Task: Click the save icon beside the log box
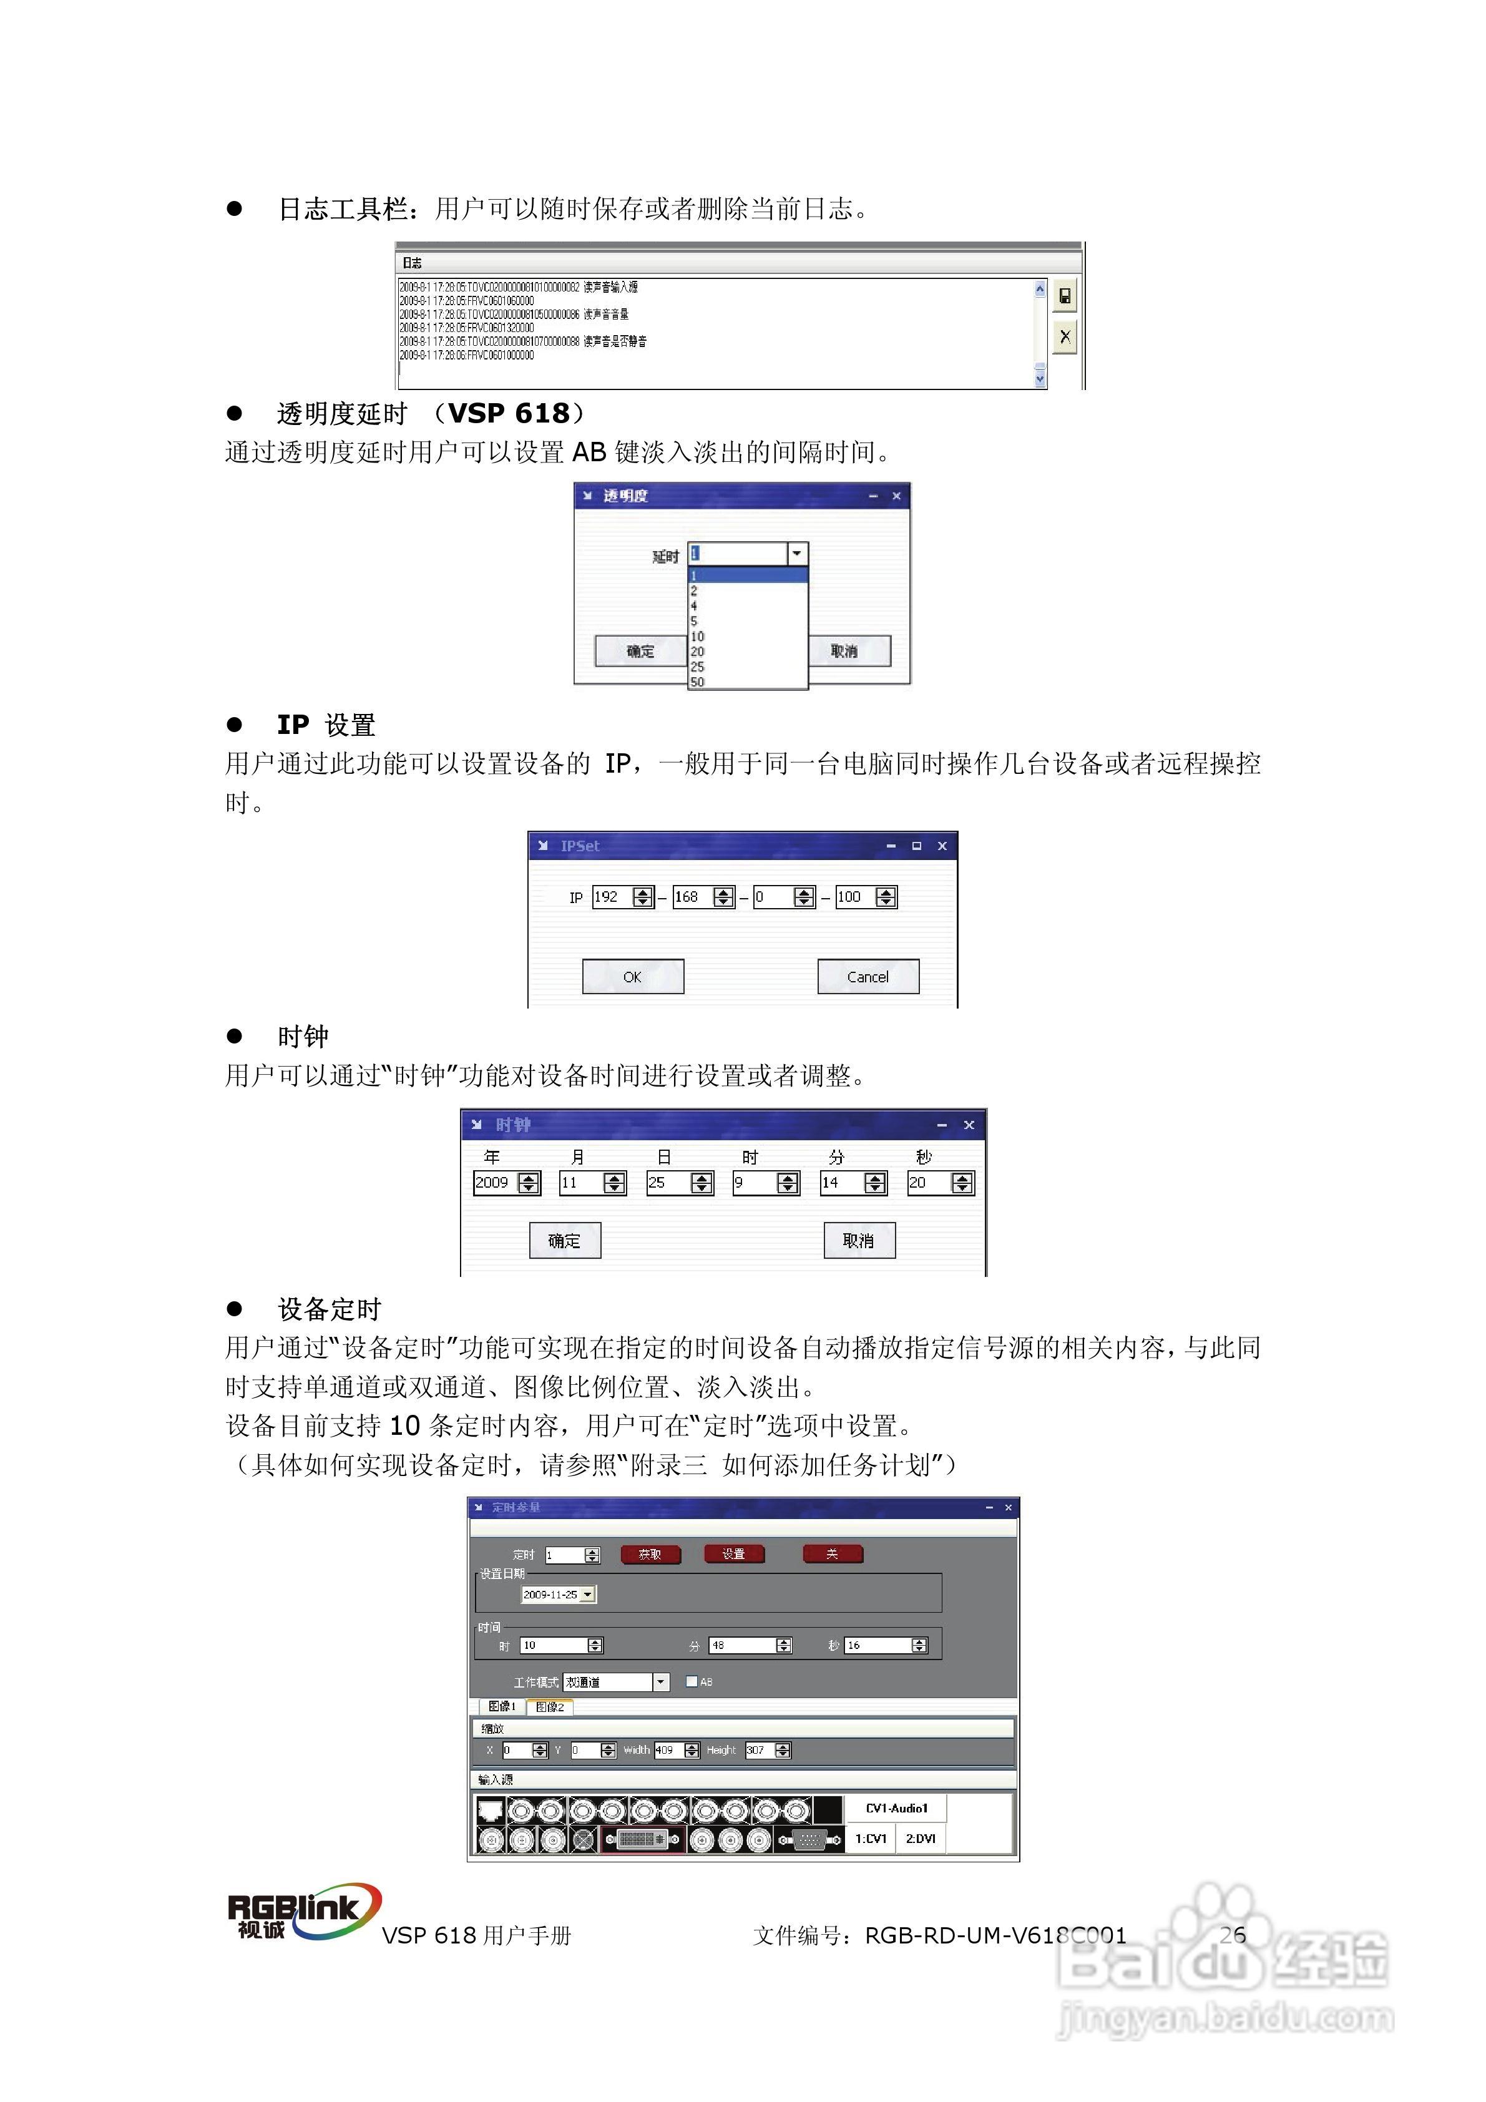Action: (1064, 296)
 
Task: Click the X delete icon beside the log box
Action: (1064, 337)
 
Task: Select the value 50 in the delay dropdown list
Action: (698, 682)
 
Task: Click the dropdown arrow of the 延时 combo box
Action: (796, 554)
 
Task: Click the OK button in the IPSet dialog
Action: (633, 977)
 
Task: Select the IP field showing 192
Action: (612, 897)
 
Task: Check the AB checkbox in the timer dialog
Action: (692, 1682)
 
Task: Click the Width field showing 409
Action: (667, 1751)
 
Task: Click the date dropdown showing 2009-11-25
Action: (557, 1595)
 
